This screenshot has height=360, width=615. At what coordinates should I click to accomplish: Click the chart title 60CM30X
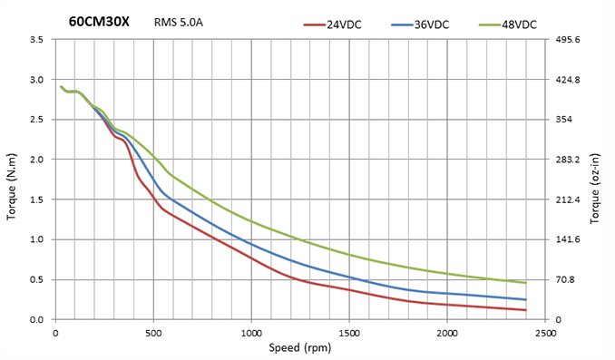coord(99,21)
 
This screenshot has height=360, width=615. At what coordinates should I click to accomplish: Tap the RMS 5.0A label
coord(179,23)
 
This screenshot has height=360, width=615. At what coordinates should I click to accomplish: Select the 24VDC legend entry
coord(333,24)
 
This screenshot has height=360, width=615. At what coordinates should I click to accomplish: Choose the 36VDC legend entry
coord(420,24)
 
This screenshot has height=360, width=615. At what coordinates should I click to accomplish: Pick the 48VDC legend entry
coord(508,24)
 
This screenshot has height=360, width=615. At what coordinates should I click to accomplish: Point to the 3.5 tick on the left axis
coord(36,39)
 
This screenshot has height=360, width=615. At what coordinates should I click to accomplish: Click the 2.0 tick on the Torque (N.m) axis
coord(36,160)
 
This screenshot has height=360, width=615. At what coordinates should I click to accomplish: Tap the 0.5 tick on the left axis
coord(36,279)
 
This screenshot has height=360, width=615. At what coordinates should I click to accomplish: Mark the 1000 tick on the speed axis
coord(251,334)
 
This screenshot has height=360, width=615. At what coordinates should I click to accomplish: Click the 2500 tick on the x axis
coord(545,334)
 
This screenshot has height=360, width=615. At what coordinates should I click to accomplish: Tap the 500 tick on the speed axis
coord(153,334)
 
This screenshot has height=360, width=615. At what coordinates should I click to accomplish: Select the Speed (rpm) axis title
coord(300,348)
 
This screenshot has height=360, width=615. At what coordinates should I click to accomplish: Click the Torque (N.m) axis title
coord(12,187)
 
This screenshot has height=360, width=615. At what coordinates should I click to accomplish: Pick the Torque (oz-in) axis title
coord(595,189)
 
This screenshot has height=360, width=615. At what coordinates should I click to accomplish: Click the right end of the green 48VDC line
coord(525,283)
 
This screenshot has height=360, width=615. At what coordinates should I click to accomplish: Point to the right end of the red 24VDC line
coord(525,310)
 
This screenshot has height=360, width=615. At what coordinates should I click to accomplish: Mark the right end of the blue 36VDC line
coord(525,299)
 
